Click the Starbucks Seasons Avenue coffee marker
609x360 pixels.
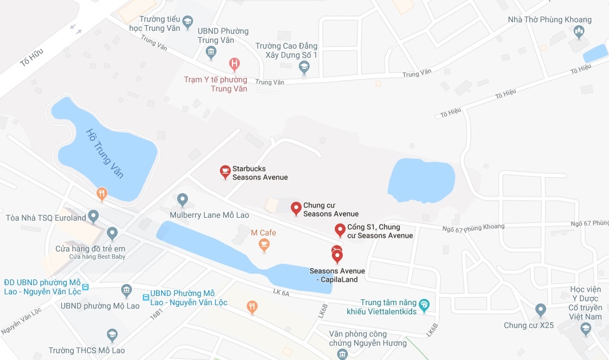tap(226, 171)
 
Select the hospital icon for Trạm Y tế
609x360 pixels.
tap(234, 63)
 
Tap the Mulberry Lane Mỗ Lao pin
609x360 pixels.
tap(182, 200)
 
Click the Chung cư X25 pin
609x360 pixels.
tap(540, 310)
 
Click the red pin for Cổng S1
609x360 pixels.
tap(340, 230)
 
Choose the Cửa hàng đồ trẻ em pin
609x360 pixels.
tap(113, 234)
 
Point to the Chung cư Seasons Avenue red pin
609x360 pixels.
tap(296, 209)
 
